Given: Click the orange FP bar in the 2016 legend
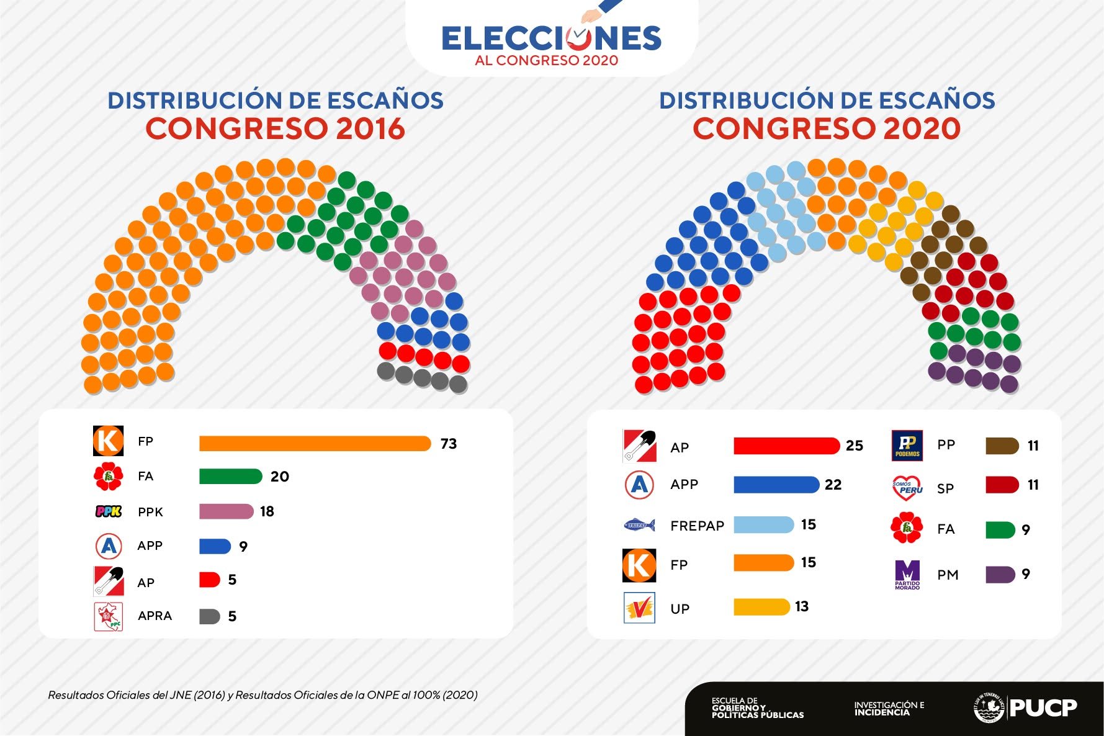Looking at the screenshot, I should pyautogui.click(x=315, y=443).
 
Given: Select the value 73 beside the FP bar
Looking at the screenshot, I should pyautogui.click(x=449, y=444).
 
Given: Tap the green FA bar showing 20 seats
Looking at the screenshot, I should pyautogui.click(x=230, y=476).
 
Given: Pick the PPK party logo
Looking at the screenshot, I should pyautogui.click(x=109, y=511).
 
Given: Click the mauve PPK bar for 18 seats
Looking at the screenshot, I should pyautogui.click(x=226, y=511).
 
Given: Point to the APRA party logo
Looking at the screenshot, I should pyautogui.click(x=109, y=616).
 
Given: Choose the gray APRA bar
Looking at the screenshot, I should pyautogui.click(x=210, y=616).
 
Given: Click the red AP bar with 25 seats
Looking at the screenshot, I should pyautogui.click(x=786, y=446).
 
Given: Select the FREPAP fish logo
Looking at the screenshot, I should pyautogui.click(x=639, y=525).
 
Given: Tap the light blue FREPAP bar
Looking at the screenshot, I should pyautogui.click(x=763, y=525).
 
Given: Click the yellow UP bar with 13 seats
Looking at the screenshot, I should pyautogui.click(x=761, y=606).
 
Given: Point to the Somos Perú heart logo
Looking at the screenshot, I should pyautogui.click(x=907, y=488).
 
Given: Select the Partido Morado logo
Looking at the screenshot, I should pyautogui.click(x=907, y=575).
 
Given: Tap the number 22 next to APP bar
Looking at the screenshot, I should pyautogui.click(x=833, y=485).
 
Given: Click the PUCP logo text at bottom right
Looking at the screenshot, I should pyautogui.click(x=1043, y=707).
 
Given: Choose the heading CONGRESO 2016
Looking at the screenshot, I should pyautogui.click(x=276, y=128).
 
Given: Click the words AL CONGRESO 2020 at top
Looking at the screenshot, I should pyautogui.click(x=547, y=60).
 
